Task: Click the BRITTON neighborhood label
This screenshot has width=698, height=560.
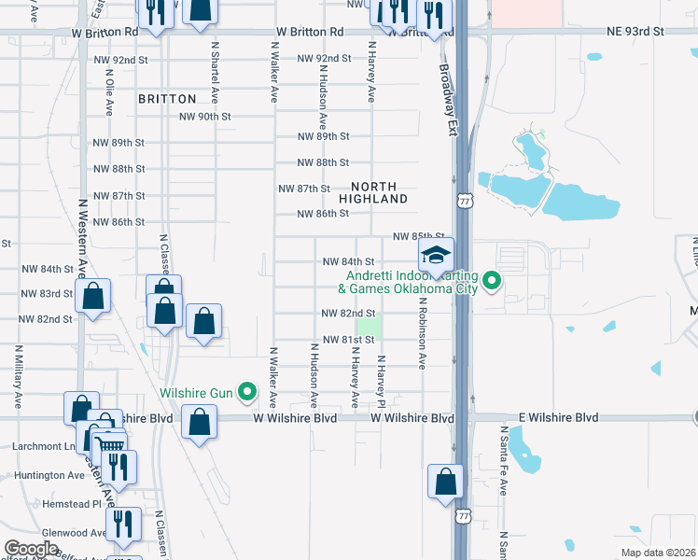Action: coord(167,98)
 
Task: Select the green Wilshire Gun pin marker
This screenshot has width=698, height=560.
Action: coord(247,392)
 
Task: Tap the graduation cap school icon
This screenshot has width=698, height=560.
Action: coord(435,255)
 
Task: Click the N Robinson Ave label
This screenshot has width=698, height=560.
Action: coord(423,333)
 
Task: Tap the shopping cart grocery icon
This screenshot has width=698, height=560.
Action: coord(111,444)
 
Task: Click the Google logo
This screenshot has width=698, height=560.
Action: coord(31,549)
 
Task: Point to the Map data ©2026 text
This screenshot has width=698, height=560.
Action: coord(658,553)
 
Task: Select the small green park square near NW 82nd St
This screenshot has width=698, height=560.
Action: coord(370,328)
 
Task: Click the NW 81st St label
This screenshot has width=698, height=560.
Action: coord(348,340)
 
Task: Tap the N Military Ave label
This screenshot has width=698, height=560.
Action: coord(18,378)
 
